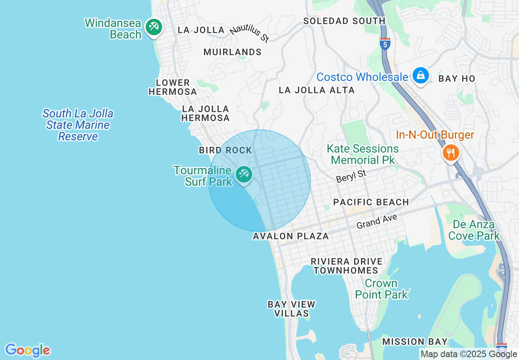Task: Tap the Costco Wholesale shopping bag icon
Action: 420,75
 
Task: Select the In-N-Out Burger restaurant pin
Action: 451,153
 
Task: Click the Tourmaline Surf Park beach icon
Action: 244,174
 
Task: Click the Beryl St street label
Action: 351,176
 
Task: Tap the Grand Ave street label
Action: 377,222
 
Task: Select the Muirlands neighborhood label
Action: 232,52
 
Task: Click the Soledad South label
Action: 344,21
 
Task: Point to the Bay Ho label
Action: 457,79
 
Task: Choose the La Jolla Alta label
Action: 316,90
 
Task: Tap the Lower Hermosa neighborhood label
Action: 173,87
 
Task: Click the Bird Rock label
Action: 226,150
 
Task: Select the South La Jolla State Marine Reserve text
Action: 78,125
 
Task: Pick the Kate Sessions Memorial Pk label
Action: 363,154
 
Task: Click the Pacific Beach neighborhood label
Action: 371,202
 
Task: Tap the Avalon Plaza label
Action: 291,236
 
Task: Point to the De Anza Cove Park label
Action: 474,230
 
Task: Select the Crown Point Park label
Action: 381,289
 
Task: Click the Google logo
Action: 27,350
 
